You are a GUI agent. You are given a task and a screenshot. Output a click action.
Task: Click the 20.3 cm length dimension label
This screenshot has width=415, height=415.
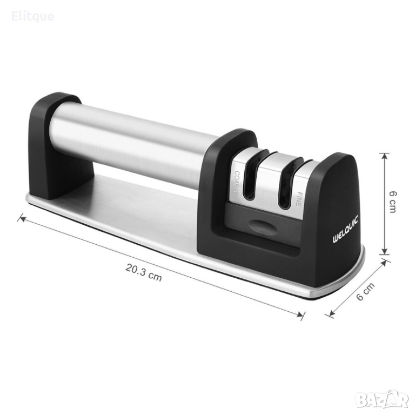coord(143,272)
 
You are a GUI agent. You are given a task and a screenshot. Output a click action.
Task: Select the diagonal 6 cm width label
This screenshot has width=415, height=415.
coord(365,291)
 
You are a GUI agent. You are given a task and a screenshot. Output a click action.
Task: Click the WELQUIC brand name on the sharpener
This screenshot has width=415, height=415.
coord(345,229)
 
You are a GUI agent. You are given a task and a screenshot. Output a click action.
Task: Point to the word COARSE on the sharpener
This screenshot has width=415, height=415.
coord(236,183)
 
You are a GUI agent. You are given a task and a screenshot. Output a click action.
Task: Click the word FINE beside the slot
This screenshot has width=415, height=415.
coord(298,199)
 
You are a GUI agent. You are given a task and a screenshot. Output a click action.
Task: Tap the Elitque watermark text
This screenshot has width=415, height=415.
coord(33,16)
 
